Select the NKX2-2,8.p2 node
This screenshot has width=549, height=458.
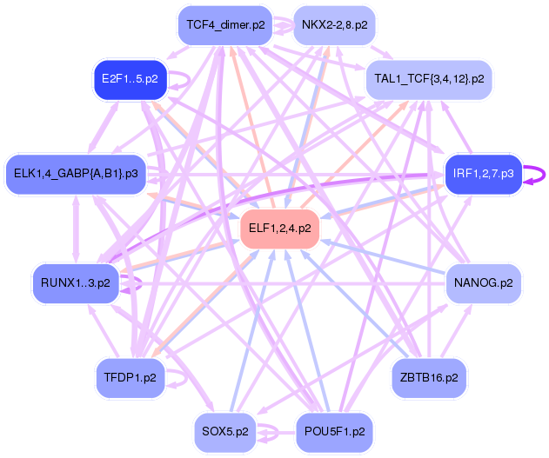click(334, 24)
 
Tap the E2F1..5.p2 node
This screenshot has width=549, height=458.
click(130, 79)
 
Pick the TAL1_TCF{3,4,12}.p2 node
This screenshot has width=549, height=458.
click(429, 78)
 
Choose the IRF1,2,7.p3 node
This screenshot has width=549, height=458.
click(483, 174)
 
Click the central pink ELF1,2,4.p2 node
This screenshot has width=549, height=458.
click(279, 229)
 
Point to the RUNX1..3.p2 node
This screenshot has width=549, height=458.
click(76, 282)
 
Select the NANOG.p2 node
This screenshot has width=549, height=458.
click(483, 282)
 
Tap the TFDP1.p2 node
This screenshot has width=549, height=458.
click(130, 377)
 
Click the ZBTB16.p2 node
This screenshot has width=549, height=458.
click(429, 377)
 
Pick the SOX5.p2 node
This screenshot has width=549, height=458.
click(225, 431)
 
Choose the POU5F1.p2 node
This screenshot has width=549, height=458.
click(334, 431)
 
